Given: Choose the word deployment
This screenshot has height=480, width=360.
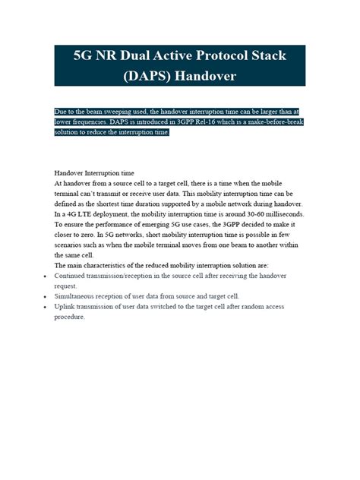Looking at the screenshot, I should (110, 214).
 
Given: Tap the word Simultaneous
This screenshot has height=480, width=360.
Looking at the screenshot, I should (76, 296).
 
